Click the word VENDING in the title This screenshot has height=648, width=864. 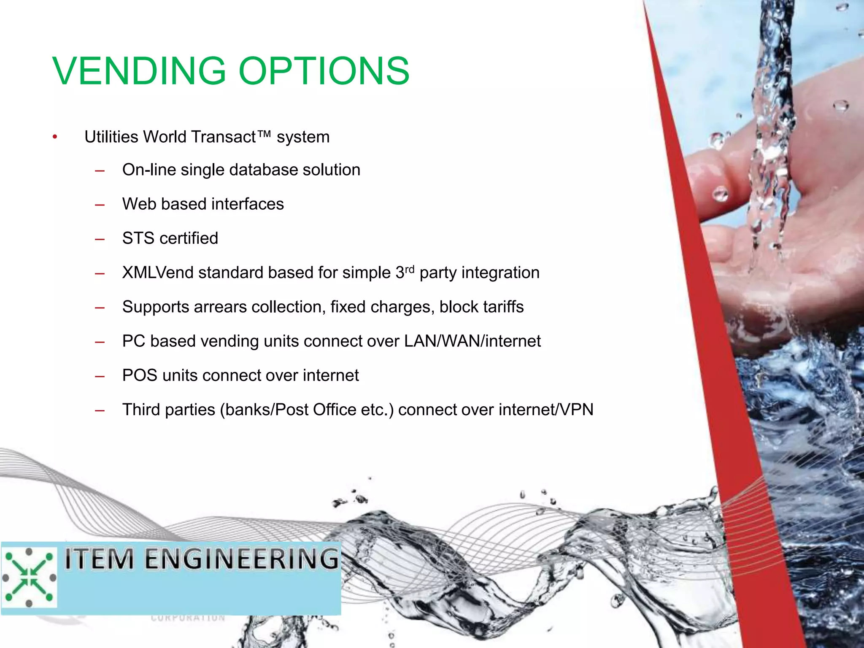(x=140, y=71)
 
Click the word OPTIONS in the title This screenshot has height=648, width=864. (x=324, y=71)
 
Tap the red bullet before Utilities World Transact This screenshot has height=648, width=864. (x=55, y=137)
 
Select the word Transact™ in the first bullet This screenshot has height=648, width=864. (x=230, y=137)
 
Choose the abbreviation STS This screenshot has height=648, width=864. (x=138, y=238)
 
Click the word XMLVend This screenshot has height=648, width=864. (x=158, y=273)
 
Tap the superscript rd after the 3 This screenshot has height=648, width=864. (x=410, y=269)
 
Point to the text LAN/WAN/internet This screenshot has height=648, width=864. (x=472, y=341)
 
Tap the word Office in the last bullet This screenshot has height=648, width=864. (x=335, y=410)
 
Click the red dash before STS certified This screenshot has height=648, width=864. (x=100, y=239)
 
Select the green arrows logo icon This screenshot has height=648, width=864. (x=29, y=577)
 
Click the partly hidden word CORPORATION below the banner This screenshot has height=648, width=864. (x=188, y=618)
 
